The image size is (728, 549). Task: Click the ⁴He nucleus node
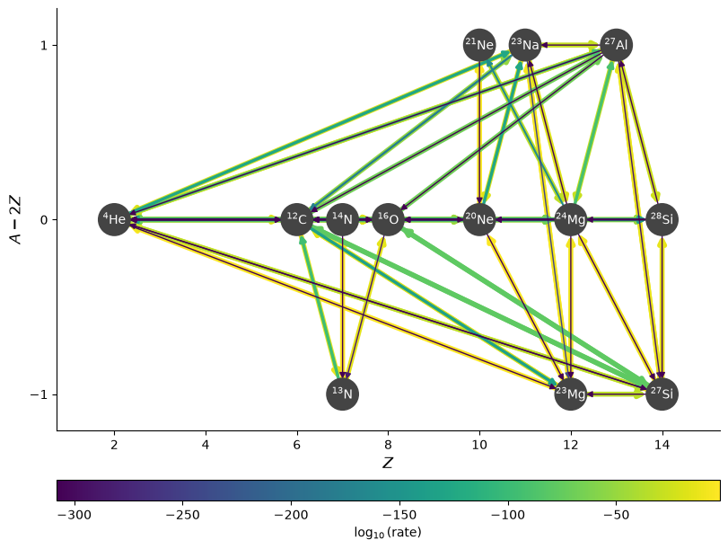pyautogui.click(x=114, y=219)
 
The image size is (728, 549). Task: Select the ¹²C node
pyautogui.click(x=297, y=219)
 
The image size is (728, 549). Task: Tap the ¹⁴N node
pyautogui.click(x=343, y=219)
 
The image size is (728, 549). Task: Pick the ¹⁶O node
pyautogui.click(x=388, y=219)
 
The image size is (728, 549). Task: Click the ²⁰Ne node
pyautogui.click(x=479, y=219)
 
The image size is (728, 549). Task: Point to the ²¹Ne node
pyautogui.click(x=479, y=45)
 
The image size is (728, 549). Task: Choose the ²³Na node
pyautogui.click(x=525, y=45)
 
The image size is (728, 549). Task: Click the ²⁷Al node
pyautogui.click(x=617, y=45)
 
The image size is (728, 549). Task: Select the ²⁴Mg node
pyautogui.click(x=571, y=219)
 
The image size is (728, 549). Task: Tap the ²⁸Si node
pyautogui.click(x=662, y=219)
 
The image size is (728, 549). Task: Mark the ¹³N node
pyautogui.click(x=343, y=394)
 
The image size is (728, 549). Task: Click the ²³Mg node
pyautogui.click(x=571, y=394)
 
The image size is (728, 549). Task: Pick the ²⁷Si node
pyautogui.click(x=662, y=394)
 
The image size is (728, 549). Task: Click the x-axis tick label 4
pyautogui.click(x=206, y=446)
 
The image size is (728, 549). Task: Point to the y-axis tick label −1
pyautogui.click(x=39, y=394)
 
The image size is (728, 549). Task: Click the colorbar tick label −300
pyautogui.click(x=75, y=515)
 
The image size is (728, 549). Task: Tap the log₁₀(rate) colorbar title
pyautogui.click(x=388, y=532)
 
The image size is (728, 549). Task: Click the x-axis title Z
pyautogui.click(x=388, y=463)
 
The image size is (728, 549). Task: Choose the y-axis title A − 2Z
pyautogui.click(x=16, y=219)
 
